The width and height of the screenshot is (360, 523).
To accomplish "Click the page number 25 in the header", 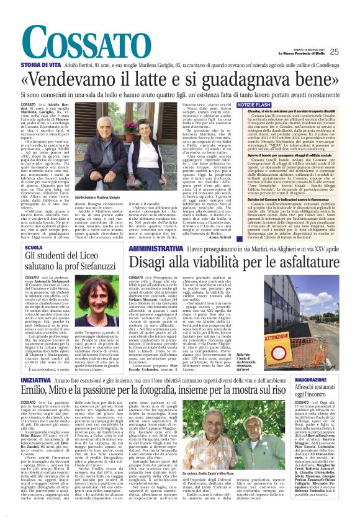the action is pos(351,51).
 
